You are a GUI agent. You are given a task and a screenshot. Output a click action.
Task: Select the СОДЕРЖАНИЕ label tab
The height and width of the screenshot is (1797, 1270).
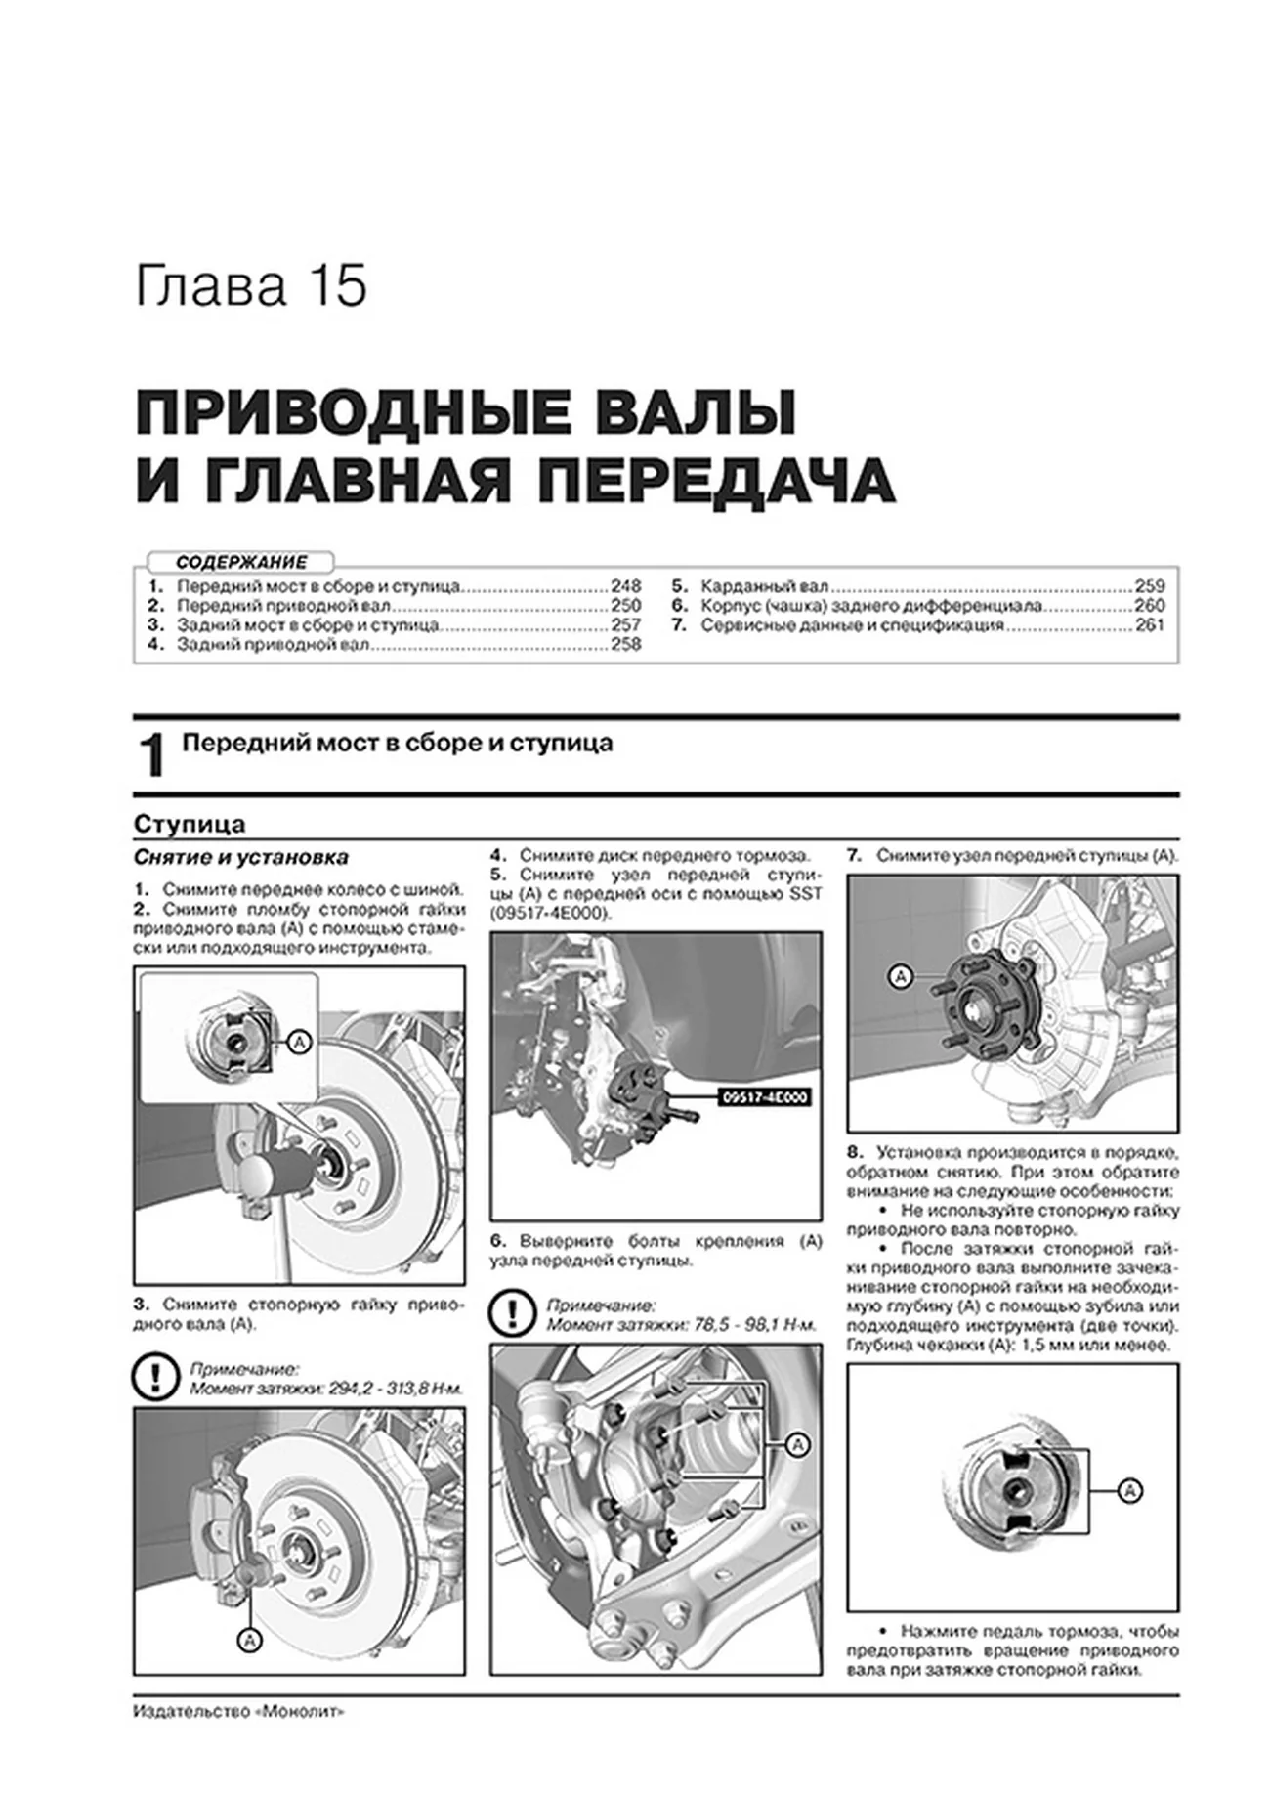(x=241, y=562)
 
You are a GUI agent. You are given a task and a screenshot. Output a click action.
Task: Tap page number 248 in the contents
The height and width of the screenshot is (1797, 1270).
(x=625, y=587)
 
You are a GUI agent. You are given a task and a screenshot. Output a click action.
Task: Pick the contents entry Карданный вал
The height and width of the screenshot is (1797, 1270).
(x=765, y=587)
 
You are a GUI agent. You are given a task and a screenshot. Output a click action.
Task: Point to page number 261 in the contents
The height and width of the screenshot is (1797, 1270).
(x=1150, y=625)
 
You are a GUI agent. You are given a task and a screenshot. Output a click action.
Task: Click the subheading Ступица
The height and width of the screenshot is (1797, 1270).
(x=190, y=825)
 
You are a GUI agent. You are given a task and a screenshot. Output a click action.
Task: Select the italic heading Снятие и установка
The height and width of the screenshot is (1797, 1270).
(x=241, y=858)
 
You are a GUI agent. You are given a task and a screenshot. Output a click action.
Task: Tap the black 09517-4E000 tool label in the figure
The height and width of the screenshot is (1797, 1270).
(x=766, y=1097)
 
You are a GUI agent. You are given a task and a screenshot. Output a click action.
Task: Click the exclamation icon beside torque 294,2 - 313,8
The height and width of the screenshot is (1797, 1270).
(x=153, y=1378)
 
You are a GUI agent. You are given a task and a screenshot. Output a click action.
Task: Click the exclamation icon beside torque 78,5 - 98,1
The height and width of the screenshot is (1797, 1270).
(x=511, y=1314)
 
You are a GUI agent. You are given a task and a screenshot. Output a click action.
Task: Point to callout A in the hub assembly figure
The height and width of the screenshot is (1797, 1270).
(x=900, y=976)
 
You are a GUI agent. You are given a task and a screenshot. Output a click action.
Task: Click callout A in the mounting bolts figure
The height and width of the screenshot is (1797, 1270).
(x=798, y=1445)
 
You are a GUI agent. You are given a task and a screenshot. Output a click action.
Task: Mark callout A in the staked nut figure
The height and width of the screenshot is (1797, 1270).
(x=1129, y=1491)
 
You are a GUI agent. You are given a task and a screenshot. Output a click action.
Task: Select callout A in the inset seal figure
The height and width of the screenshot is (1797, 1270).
(x=300, y=1044)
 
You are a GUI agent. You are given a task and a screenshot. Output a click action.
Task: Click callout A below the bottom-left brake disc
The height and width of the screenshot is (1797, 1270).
(x=249, y=1642)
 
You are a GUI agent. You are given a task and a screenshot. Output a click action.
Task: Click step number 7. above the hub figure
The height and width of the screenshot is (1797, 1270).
(x=854, y=856)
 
